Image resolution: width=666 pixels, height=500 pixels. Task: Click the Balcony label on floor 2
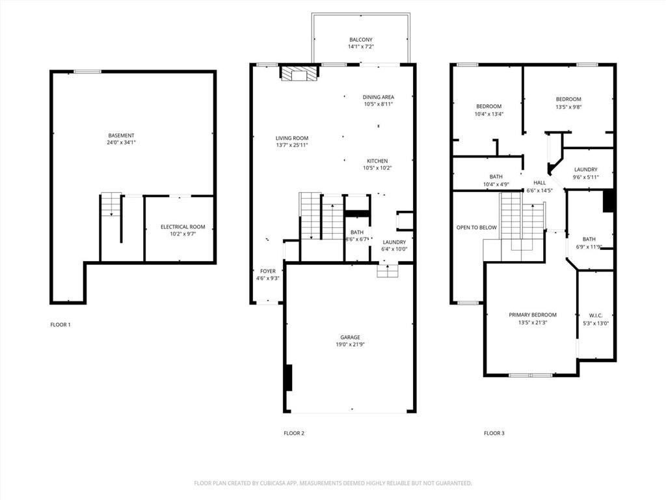pos(361,40)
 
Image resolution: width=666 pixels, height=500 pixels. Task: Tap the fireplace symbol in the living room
pos(299,73)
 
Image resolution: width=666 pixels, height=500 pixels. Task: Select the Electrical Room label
pos(183,227)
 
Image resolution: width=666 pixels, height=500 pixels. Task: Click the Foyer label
pos(267,271)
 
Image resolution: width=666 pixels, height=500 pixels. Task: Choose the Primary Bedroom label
pos(532,314)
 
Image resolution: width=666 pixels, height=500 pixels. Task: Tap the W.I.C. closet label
pos(596,315)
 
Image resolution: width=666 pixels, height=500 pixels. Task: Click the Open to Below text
pos(476,228)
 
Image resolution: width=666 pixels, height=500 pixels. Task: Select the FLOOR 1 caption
pos(60,324)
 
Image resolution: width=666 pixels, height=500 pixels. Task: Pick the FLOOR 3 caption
pos(494,433)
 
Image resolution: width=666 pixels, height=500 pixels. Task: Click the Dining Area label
pos(378,97)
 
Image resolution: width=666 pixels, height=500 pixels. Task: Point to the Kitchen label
pos(377,161)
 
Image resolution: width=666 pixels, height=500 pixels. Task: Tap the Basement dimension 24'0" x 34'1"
pos(121,143)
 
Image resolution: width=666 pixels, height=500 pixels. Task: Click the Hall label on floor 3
pos(539,183)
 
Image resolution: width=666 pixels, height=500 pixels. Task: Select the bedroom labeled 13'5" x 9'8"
pos(568,100)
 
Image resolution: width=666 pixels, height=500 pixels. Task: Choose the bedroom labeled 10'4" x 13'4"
pos(488,106)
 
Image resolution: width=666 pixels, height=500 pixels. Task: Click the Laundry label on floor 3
pos(585,169)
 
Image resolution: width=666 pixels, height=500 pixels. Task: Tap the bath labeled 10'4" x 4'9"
pos(496,176)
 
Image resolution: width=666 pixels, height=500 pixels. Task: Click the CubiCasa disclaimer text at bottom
pos(333,483)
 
